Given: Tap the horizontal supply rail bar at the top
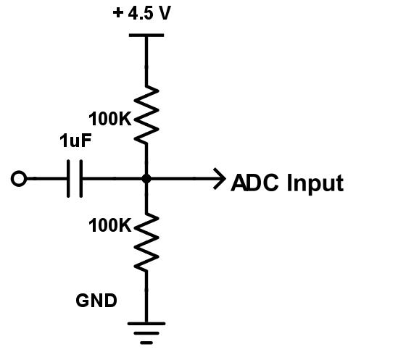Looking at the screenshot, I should (147, 34).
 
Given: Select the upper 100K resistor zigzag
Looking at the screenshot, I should (147, 113).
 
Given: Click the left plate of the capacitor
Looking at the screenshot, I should (68, 178).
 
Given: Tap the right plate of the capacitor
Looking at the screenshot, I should (80, 178).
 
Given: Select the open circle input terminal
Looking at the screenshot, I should (19, 178).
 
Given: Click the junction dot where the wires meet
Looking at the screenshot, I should (147, 178).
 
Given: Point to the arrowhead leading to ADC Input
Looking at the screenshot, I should (220, 178).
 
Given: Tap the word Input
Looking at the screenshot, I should (315, 183).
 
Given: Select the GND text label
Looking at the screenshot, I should (96, 300).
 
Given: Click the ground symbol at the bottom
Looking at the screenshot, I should (147, 330).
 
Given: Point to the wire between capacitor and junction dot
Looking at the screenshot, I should (112, 178).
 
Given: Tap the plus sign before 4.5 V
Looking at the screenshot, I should (119, 14).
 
